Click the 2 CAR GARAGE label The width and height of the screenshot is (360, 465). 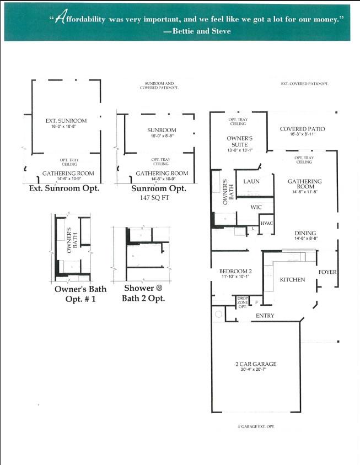(x=255, y=364)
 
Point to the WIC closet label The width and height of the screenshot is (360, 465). (x=255, y=207)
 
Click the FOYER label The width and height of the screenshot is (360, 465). (x=327, y=272)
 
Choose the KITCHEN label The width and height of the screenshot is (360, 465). (x=292, y=279)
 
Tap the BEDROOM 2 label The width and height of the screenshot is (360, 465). (x=235, y=272)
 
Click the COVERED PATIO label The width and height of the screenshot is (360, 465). (x=302, y=129)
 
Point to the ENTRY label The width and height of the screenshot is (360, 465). (x=265, y=316)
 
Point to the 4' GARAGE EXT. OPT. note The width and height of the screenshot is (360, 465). (x=252, y=427)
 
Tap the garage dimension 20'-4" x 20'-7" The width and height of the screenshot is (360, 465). (x=255, y=370)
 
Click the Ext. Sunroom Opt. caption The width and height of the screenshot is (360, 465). (x=63, y=188)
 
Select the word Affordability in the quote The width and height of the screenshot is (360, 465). (x=81, y=19)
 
